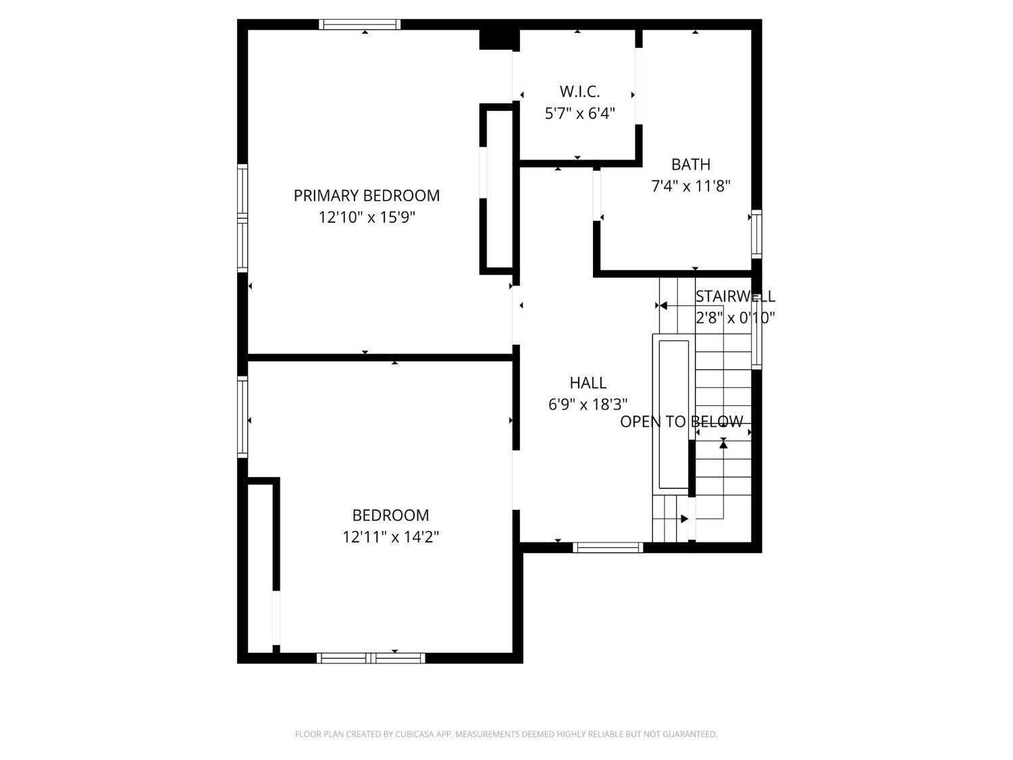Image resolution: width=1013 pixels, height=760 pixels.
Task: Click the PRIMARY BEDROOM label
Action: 367,196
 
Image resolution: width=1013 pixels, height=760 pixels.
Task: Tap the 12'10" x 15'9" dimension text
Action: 367,218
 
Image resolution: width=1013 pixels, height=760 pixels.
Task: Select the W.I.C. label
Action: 579,91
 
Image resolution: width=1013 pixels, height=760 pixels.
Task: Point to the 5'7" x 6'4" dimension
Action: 579,113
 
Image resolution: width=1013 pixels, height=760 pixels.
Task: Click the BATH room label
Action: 690,164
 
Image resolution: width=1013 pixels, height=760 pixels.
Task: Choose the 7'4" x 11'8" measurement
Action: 690,186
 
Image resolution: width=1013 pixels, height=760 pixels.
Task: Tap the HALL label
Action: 588,382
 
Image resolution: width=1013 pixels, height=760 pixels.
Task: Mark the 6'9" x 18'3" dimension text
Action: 588,405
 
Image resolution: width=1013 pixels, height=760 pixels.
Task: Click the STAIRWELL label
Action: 735,297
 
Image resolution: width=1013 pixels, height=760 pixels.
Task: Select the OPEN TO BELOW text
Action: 681,422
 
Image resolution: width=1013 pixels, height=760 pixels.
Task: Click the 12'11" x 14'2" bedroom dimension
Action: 390,537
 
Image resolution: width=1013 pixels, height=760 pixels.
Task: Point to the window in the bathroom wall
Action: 756,234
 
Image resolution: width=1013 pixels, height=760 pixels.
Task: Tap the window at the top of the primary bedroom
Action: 360,24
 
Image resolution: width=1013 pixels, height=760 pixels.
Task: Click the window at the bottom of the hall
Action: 608,548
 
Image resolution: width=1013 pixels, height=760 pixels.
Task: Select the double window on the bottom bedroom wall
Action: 371,658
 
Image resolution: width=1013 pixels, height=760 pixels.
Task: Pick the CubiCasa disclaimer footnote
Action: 506,734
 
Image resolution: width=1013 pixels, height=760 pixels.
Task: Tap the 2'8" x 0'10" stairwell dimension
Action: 735,318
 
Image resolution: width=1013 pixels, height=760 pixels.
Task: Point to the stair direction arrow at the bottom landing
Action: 684,519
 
